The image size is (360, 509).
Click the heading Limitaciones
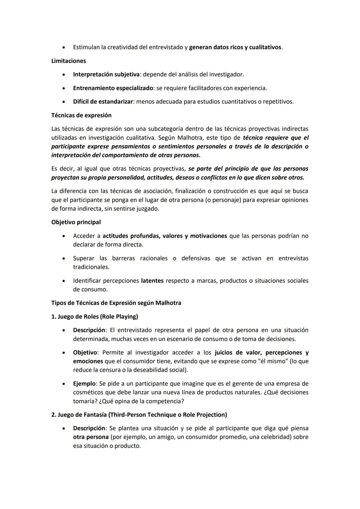68,61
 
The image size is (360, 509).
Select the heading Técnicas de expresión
81,115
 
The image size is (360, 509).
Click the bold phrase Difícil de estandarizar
103,101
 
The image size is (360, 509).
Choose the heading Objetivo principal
76,222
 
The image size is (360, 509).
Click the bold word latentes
152,281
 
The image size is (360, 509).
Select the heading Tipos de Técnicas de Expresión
116,303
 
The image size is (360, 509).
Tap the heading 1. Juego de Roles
95,316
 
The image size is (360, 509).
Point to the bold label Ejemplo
84,384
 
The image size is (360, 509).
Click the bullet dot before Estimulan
63,47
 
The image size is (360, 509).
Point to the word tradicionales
91,267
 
